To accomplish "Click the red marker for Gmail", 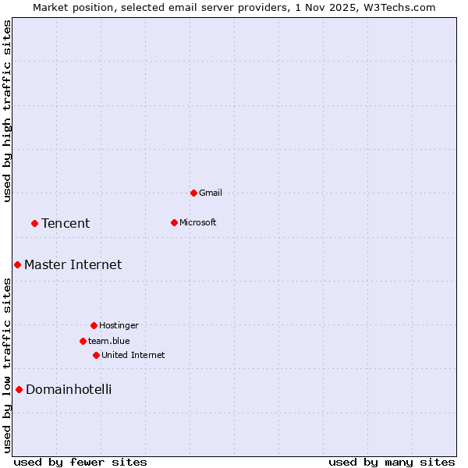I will tap(193, 193).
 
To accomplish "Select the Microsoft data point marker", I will tap(174, 222).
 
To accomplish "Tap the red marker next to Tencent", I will tap(34, 223).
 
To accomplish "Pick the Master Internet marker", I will tap(17, 264).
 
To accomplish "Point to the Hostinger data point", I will tap(94, 325).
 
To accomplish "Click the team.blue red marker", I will tap(83, 341).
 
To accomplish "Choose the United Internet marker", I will tap(96, 355).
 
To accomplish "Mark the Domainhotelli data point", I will tap(19, 389).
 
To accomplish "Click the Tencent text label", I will tap(66, 223).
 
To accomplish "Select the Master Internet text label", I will tap(73, 264).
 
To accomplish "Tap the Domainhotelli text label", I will tap(69, 389).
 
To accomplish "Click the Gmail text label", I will tap(211, 193).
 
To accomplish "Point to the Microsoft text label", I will tap(197, 222).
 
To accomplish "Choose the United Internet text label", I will tap(133, 355).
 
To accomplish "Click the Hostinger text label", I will tap(119, 325).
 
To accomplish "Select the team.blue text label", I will tap(108, 341).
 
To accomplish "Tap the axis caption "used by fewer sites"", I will tap(80, 462).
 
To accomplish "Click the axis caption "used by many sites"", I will tap(392, 462).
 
